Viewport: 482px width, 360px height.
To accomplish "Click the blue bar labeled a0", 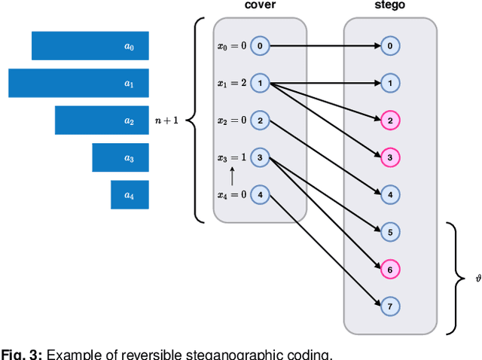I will (90, 46).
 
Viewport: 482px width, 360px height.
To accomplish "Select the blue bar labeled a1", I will (78, 83).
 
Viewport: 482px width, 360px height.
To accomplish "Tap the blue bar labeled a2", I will (102, 121).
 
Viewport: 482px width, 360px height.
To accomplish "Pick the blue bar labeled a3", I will (120, 157).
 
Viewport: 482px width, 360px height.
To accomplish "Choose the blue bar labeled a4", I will (130, 195).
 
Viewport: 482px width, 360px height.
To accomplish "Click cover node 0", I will (260, 46).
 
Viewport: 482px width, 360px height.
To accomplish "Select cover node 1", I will (260, 83).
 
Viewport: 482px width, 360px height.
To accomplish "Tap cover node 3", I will (260, 157).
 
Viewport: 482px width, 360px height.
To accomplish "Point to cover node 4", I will (260, 195).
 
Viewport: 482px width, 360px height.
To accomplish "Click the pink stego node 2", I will (390, 121).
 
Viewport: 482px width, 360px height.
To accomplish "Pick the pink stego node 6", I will (390, 269).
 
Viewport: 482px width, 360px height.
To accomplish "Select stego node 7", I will (390, 307).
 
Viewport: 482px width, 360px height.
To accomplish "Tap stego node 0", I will (390, 46).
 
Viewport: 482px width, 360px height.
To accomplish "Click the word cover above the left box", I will (260, 6).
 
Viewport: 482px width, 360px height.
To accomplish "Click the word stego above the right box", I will (390, 6).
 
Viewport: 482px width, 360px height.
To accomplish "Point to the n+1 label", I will (166, 120).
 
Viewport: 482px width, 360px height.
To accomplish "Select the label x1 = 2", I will (232, 84).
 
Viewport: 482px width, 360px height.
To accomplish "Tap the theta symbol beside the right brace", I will (478, 278).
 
